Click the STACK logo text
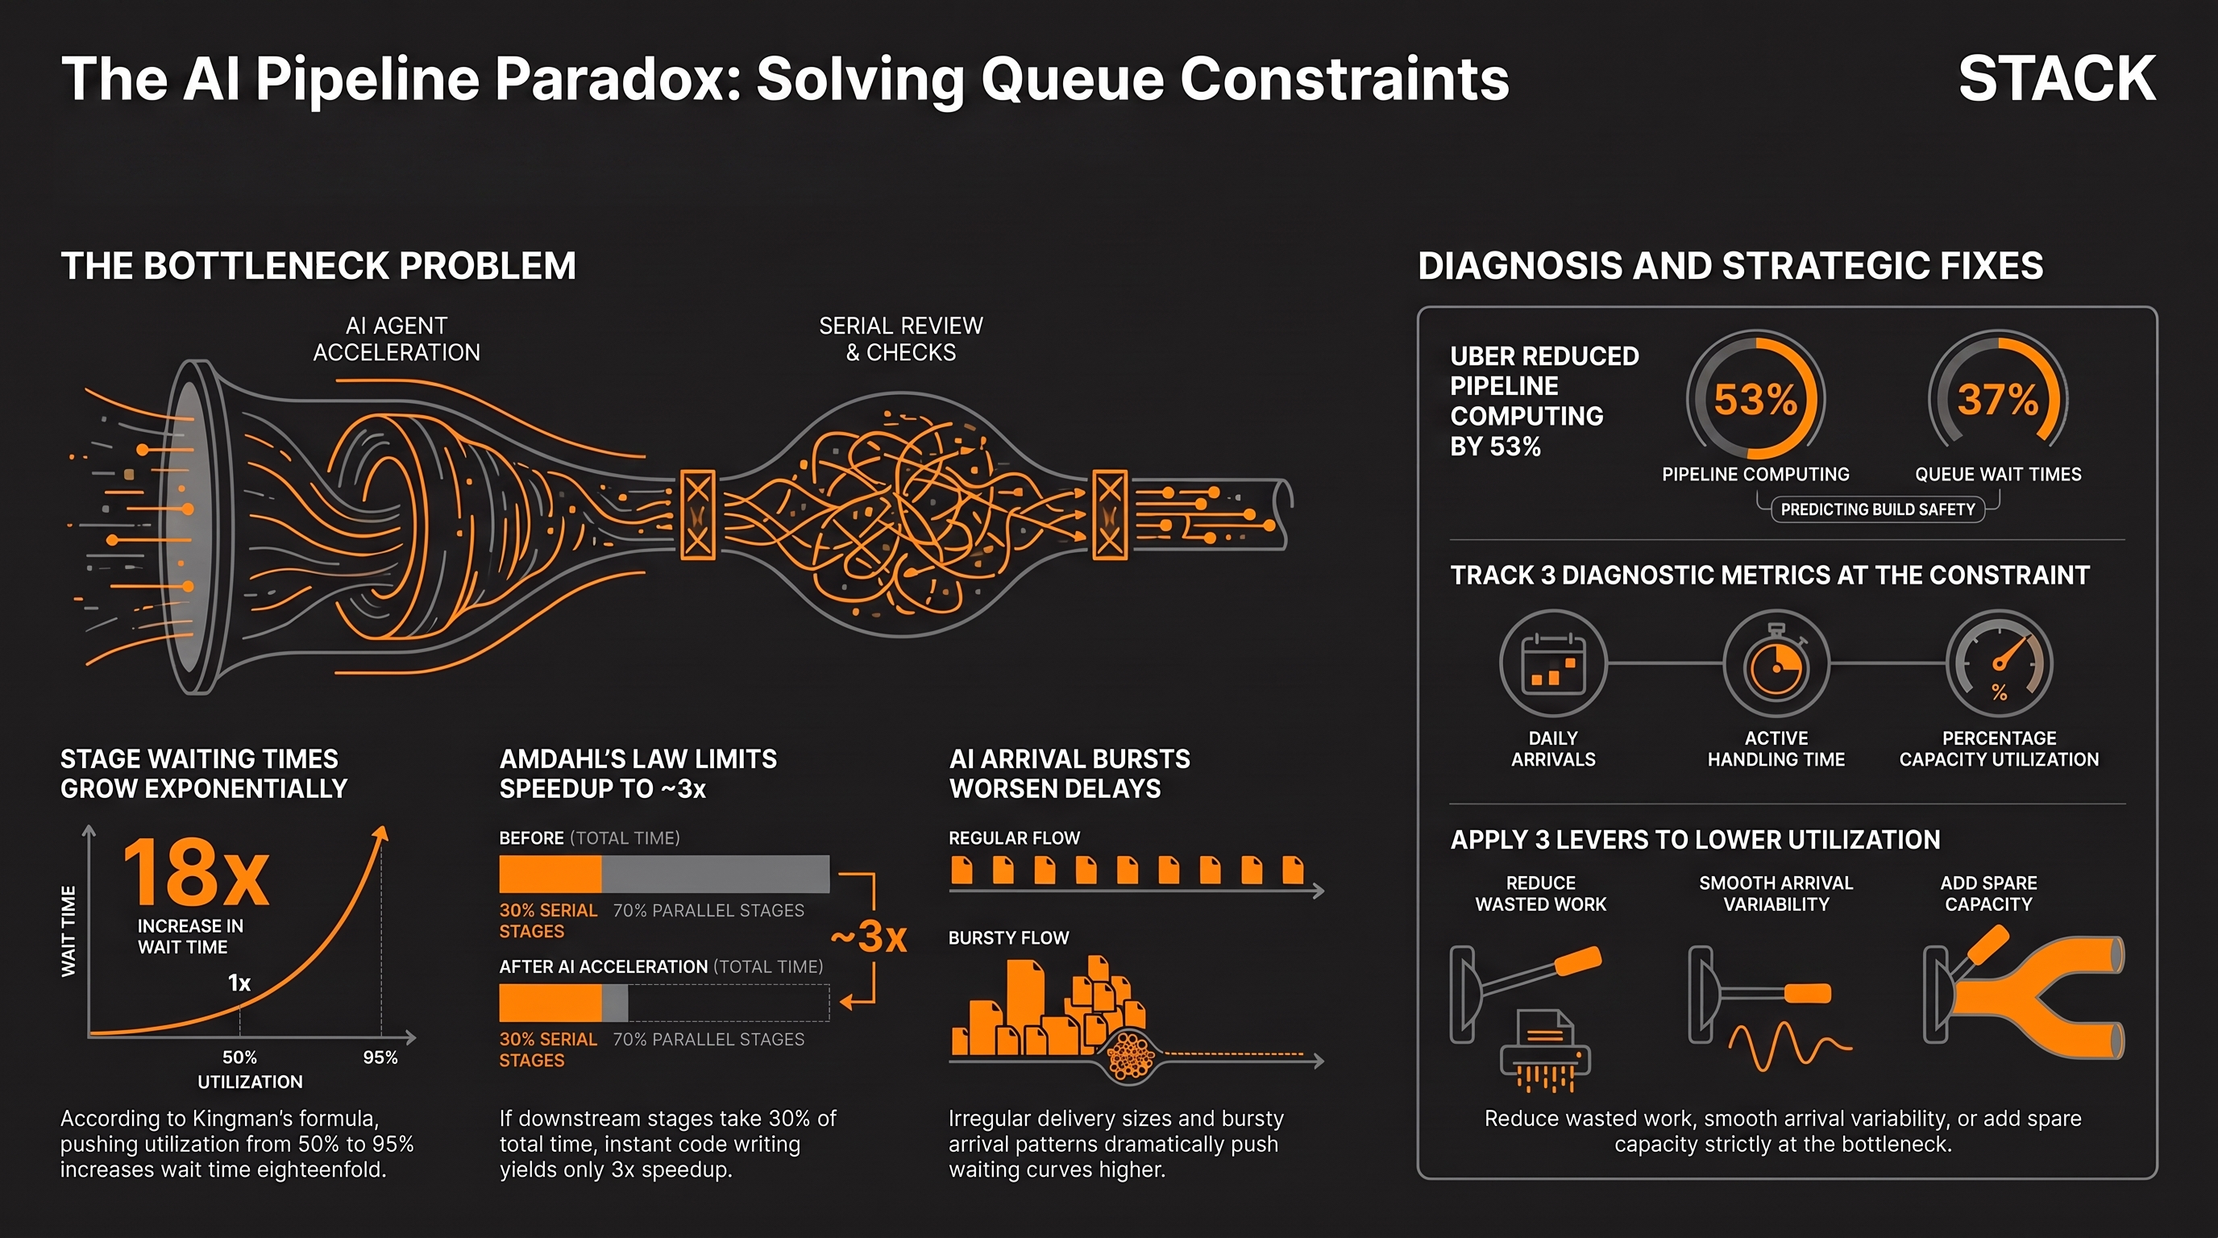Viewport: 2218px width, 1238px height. pos(2056,78)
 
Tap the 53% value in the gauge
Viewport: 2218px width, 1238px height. pos(1755,400)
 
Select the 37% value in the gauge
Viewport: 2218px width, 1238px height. pos(1998,400)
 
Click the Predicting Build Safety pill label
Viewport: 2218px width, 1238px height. pos(1878,509)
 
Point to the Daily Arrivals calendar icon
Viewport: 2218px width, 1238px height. pos(1553,663)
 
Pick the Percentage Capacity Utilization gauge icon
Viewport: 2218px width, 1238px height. pos(2000,663)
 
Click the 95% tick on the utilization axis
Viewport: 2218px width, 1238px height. pos(380,1057)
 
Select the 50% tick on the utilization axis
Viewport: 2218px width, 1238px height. pos(239,1057)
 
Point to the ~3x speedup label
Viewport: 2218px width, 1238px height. pos(869,937)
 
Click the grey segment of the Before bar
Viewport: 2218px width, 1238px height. pos(716,874)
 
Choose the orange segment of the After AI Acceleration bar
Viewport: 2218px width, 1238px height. pos(550,1003)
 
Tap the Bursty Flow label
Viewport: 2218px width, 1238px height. pos(1008,937)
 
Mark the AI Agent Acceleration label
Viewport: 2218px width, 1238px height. pos(396,339)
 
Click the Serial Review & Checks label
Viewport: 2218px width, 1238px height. pos(900,339)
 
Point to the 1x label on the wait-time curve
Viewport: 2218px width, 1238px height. pos(239,983)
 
